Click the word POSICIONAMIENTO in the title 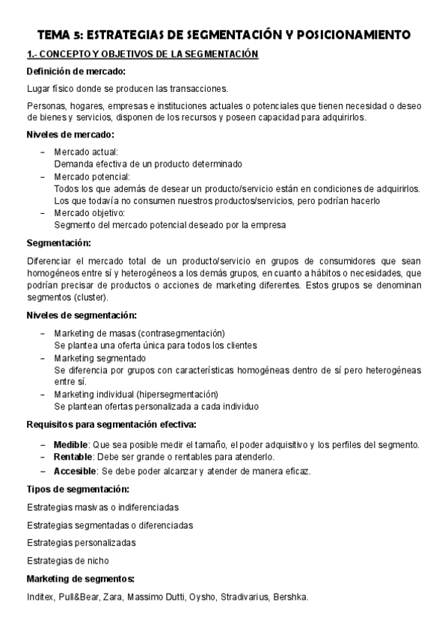click(352, 34)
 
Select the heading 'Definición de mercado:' click(76, 71)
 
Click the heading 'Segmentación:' click(58, 243)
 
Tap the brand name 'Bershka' click(290, 597)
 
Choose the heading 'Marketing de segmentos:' click(80, 579)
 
